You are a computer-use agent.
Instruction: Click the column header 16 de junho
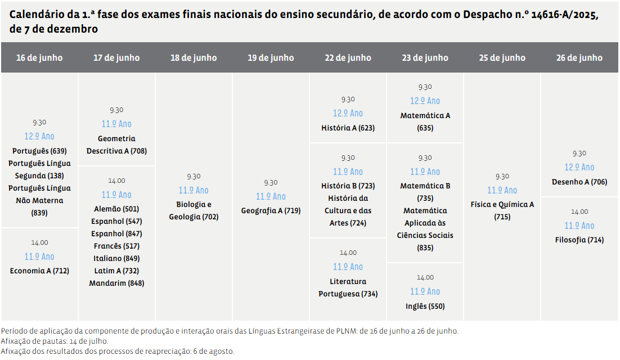coord(39,57)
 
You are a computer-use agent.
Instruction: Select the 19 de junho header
coord(271,57)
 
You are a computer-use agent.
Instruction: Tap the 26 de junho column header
coord(579,57)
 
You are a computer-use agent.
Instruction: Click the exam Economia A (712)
coord(39,271)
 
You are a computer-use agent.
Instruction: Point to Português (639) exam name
coord(39,151)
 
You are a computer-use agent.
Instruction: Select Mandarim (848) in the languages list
coord(116,283)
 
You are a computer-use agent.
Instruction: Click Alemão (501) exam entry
coord(116,209)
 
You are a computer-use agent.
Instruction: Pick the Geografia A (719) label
coord(271,210)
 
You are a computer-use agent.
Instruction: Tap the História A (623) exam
coord(348,128)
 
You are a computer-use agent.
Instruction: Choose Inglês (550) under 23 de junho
coord(425,306)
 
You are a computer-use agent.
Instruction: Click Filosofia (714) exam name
coord(579,240)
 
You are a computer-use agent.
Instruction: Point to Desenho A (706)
coord(579,182)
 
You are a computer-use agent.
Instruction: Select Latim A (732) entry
coord(116,271)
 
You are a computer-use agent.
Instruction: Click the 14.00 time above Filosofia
coord(579,211)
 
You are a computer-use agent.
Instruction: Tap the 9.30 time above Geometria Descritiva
coord(116,110)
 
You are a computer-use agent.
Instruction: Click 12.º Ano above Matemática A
coord(425,101)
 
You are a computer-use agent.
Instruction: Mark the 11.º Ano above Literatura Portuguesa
coord(348,267)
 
